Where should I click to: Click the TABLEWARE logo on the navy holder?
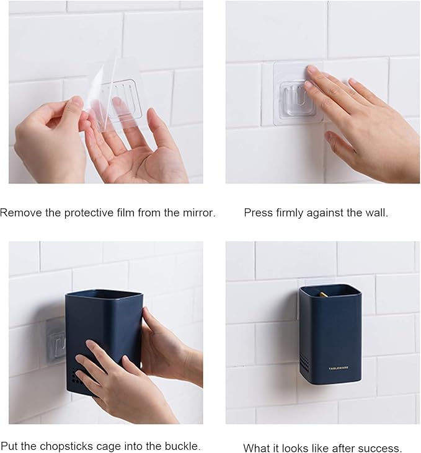click(x=339, y=368)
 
